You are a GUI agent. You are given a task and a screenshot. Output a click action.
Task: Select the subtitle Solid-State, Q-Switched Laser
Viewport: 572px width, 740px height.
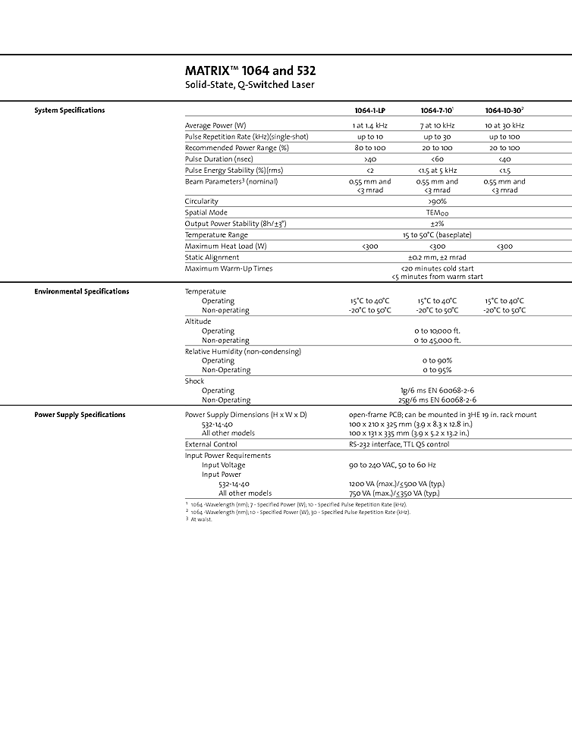(250, 85)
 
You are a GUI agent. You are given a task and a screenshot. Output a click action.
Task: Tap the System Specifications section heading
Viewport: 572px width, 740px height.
(70, 111)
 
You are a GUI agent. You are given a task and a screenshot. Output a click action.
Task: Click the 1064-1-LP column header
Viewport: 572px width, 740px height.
(370, 111)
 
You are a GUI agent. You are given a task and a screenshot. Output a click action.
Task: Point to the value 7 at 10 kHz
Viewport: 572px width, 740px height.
(438, 125)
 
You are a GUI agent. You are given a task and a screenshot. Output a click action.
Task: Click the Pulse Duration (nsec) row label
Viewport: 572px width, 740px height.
(218, 159)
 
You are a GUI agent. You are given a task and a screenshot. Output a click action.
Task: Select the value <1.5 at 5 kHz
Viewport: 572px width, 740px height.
(438, 171)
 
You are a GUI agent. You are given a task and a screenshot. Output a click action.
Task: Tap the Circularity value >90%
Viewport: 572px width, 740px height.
(438, 202)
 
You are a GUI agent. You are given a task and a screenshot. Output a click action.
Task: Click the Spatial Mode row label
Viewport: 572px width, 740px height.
(206, 213)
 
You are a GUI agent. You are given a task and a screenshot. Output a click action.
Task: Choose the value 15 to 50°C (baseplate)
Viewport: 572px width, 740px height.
(438, 235)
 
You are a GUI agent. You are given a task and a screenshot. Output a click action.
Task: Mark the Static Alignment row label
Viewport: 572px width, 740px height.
(212, 258)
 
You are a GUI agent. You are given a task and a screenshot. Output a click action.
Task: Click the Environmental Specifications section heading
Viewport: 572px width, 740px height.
(82, 292)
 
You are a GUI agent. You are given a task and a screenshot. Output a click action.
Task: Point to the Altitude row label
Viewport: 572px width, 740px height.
(198, 321)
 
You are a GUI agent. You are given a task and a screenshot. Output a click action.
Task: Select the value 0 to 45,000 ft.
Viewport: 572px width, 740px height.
(438, 340)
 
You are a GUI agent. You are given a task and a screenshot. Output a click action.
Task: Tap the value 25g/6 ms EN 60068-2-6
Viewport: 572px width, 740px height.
(438, 400)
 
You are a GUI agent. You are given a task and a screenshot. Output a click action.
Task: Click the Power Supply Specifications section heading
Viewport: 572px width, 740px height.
(80, 415)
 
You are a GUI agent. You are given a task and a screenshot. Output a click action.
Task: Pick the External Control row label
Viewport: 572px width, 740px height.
(211, 444)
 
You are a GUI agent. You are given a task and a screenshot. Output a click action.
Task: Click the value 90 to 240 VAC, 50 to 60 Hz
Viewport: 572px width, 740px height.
(392, 465)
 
